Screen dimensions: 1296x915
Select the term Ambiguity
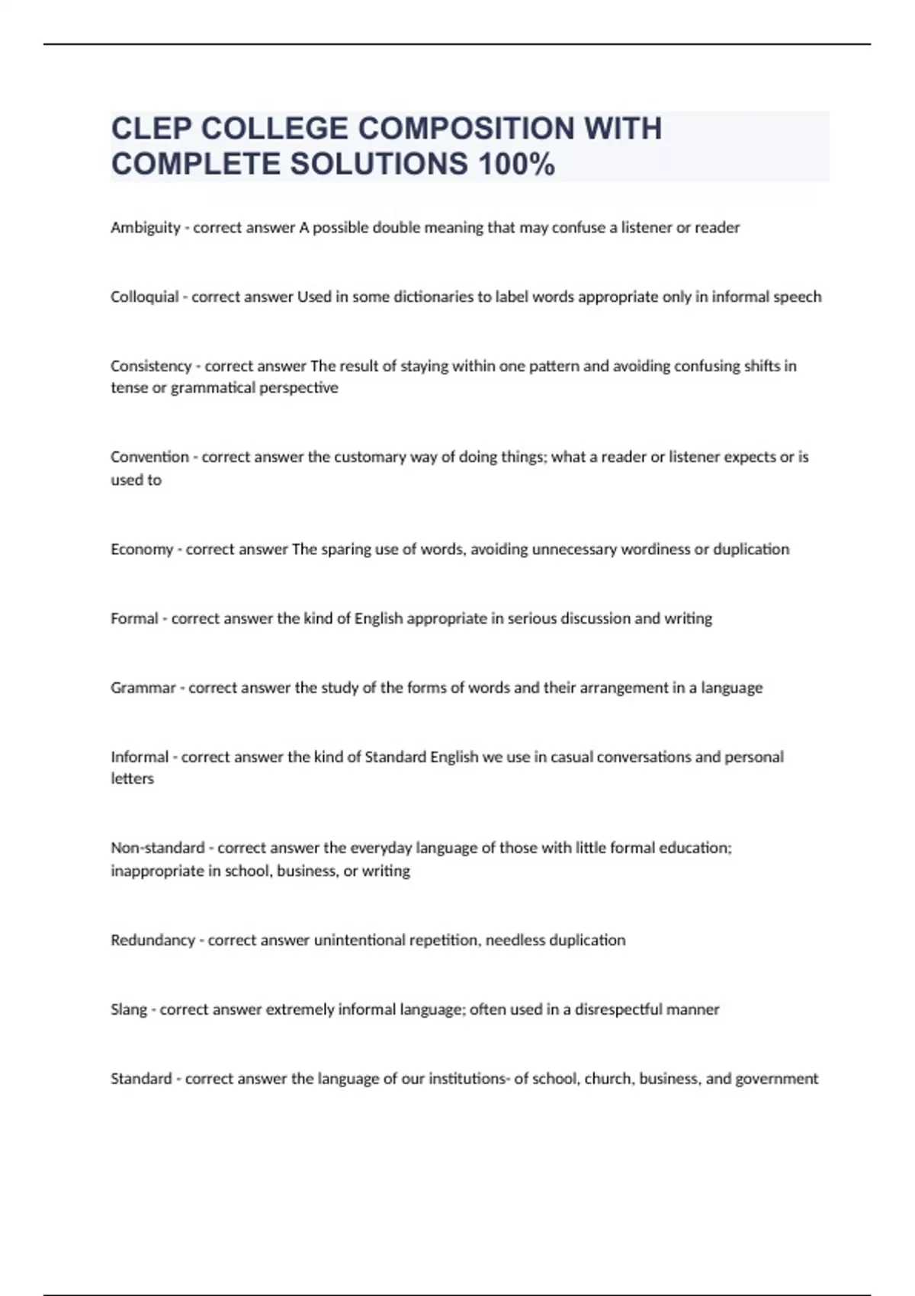[146, 227]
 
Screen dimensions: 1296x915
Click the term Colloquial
[145, 297]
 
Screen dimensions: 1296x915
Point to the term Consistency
[151, 366]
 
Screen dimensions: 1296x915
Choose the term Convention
[149, 457]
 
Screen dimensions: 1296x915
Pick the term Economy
[142, 549]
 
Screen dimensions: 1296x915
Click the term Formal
[134, 618]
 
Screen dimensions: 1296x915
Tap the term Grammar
[143, 688]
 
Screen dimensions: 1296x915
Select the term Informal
[140, 757]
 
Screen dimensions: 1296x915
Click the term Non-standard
[158, 848]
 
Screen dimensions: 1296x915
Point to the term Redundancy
[152, 940]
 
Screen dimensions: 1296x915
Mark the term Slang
[129, 1009]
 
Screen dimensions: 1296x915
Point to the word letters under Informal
[132, 779]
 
